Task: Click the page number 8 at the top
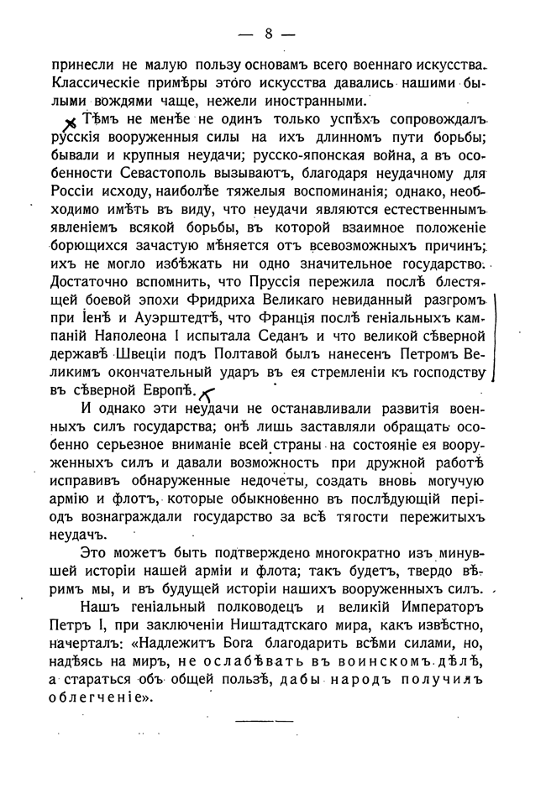pos(269,34)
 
